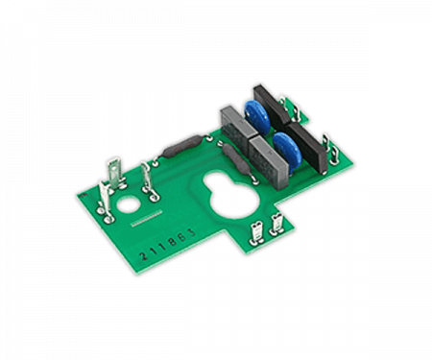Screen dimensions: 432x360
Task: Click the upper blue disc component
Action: point(257,117)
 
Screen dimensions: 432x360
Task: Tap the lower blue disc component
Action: point(287,152)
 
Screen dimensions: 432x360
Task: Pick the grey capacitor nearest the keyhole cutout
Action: point(267,162)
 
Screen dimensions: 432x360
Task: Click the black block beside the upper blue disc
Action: point(272,105)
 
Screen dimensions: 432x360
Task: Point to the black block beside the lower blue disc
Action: point(308,148)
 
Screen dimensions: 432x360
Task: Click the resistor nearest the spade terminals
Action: point(181,147)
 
